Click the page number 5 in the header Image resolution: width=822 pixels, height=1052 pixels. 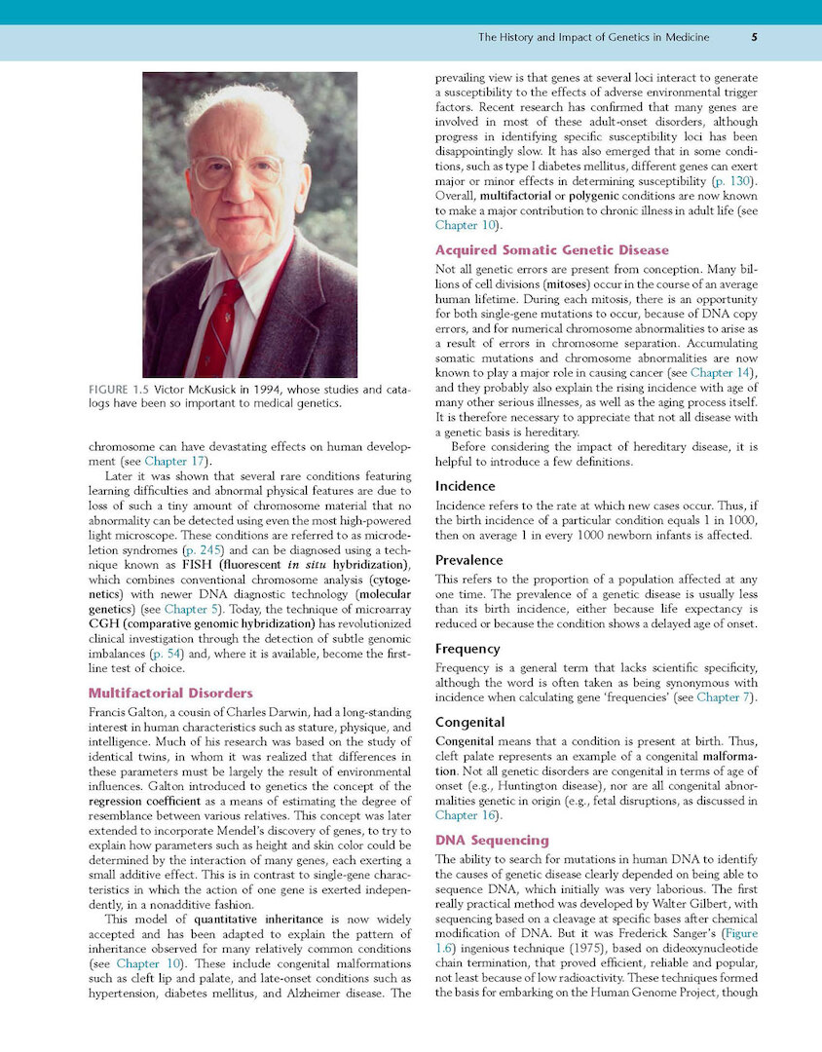coord(755,38)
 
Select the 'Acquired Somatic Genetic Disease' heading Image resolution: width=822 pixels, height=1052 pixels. coord(552,250)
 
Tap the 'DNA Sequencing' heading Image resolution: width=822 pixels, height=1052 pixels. coord(492,840)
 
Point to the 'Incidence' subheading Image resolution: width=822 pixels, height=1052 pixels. coord(465,485)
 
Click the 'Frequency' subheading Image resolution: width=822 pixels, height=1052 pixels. coord(467,648)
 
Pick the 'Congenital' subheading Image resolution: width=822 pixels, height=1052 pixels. coord(469,723)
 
